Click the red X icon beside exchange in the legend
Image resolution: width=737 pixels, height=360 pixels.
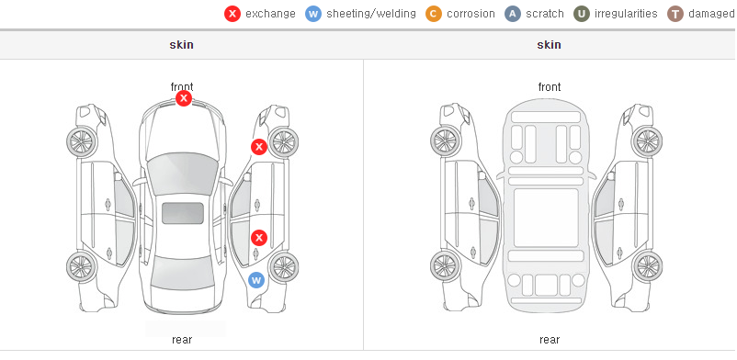pos(232,14)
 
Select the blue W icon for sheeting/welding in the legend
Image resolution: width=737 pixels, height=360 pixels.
pos(313,14)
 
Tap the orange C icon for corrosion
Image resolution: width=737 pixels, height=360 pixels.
pos(434,14)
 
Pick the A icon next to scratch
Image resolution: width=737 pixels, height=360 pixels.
pos(513,14)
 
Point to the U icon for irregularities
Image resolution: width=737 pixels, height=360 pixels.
pos(582,14)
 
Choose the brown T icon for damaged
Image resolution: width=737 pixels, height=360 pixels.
pos(675,14)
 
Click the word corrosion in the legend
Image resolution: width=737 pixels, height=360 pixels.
pos(471,14)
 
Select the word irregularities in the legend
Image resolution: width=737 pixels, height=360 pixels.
pos(626,14)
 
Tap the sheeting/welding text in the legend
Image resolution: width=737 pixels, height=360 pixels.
pos(371,14)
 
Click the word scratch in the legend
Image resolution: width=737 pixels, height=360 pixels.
pos(545,14)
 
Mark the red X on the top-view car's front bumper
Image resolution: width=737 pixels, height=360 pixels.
pos(184,98)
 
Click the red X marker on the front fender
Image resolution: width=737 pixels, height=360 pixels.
pos(258,147)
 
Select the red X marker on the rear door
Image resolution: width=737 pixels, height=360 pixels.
pos(259,238)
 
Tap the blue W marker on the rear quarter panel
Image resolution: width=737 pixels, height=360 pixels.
pos(256,281)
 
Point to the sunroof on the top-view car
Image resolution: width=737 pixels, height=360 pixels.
pos(183,213)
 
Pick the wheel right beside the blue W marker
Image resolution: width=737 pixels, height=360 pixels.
pos(284,267)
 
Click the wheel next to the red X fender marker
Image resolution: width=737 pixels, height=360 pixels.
pos(284,142)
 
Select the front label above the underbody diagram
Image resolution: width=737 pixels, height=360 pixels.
pos(550,87)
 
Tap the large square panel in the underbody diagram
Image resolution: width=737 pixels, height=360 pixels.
pos(546,218)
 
